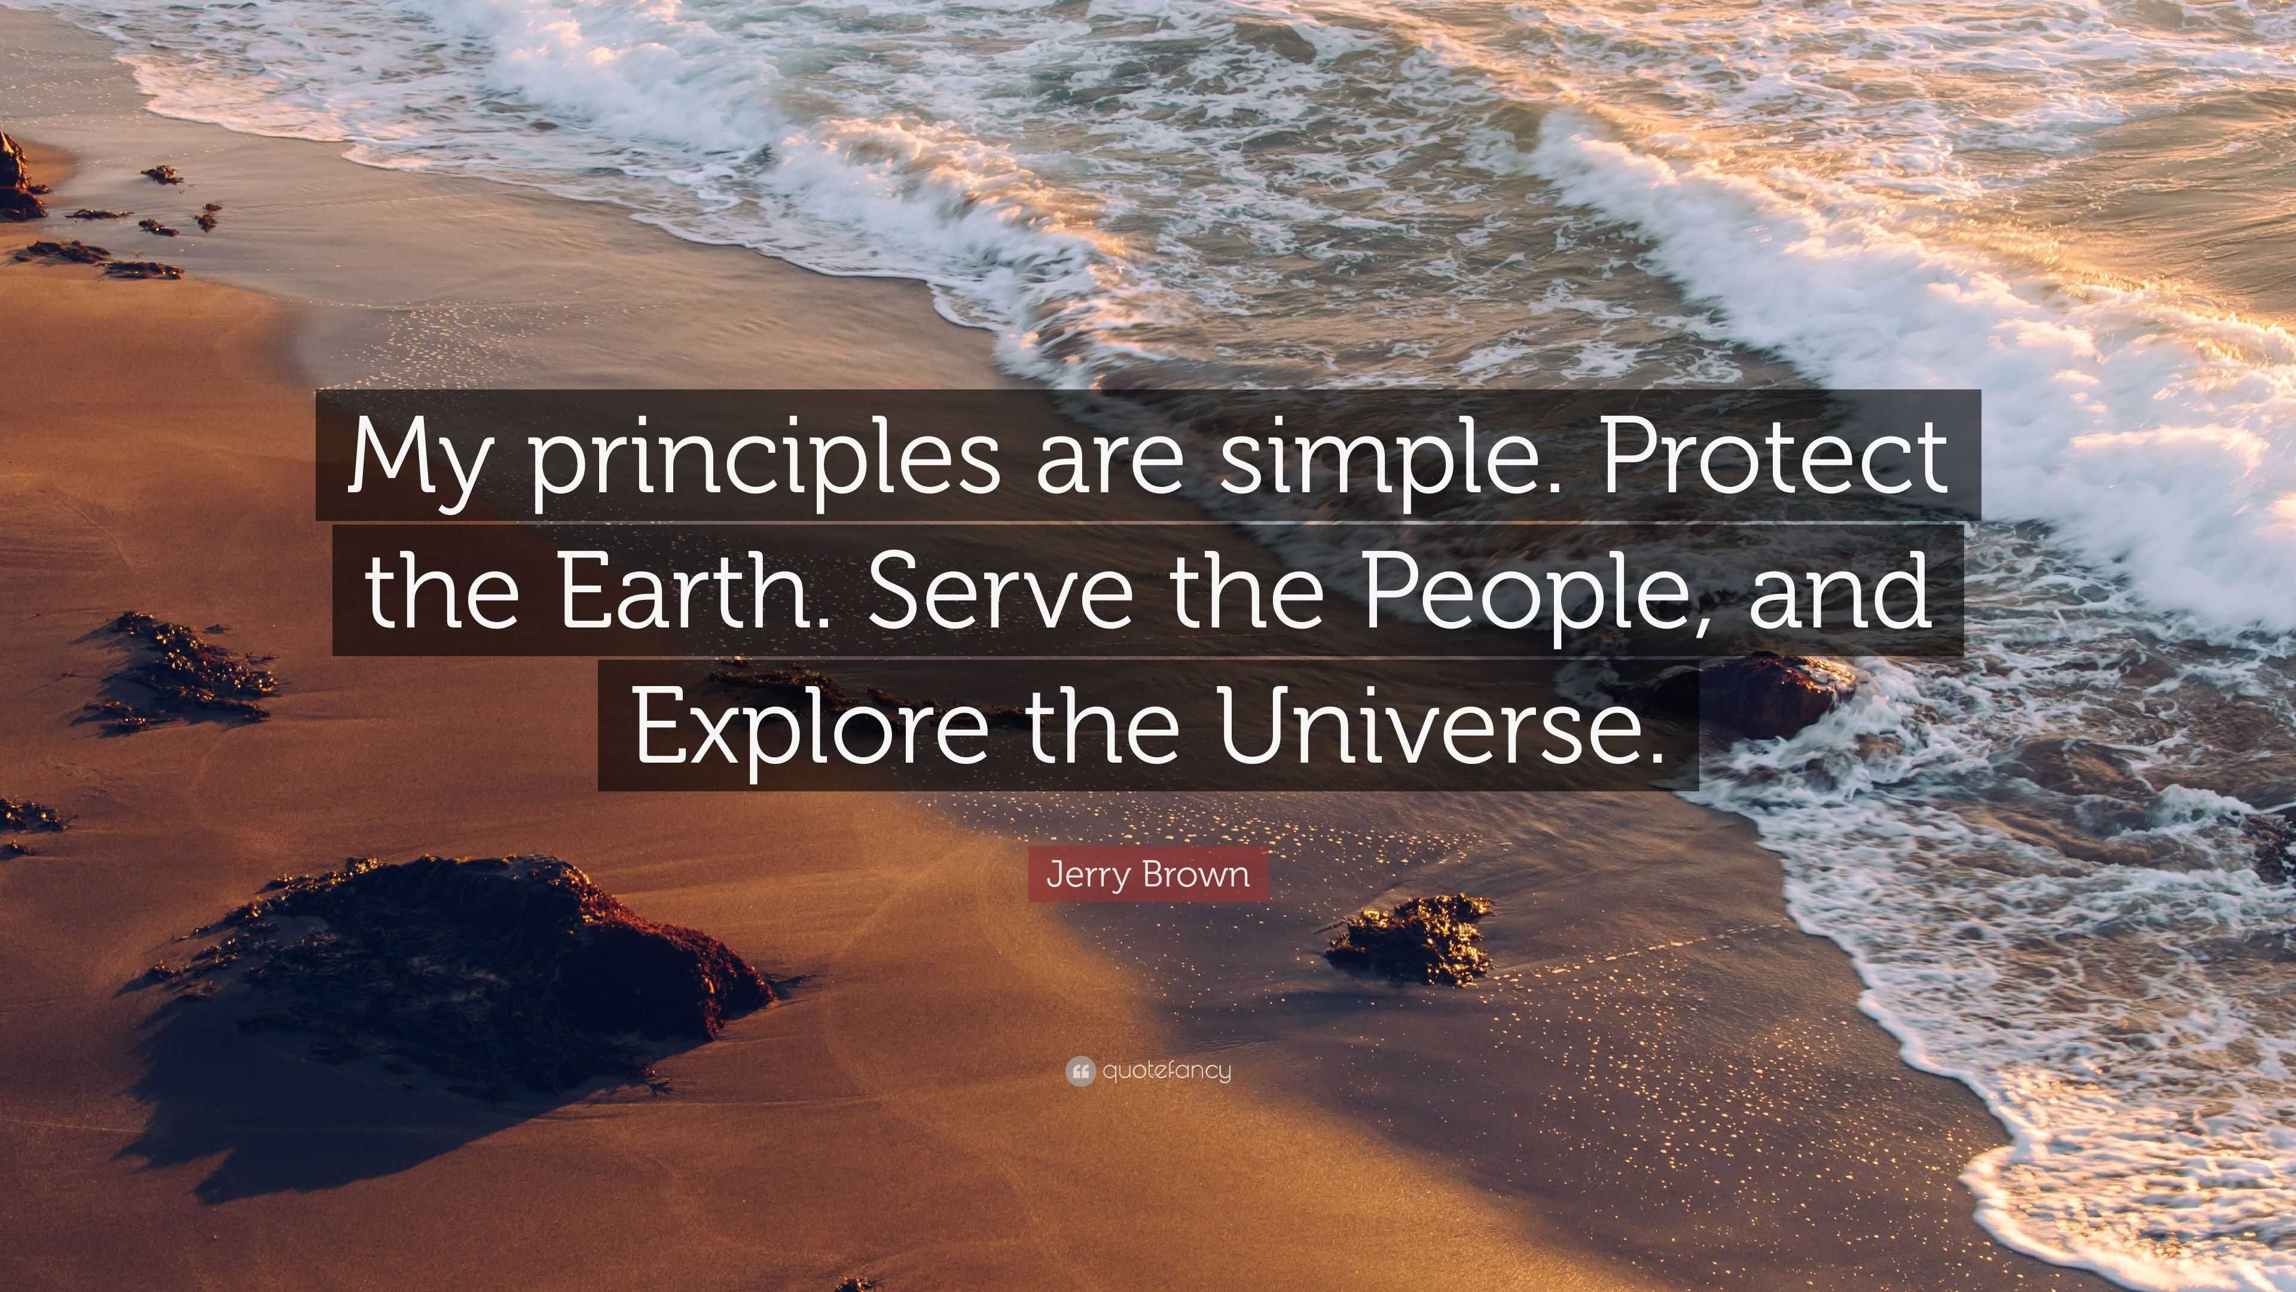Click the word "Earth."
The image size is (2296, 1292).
(x=691, y=590)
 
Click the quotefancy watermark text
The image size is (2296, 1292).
(x=1166, y=1071)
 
